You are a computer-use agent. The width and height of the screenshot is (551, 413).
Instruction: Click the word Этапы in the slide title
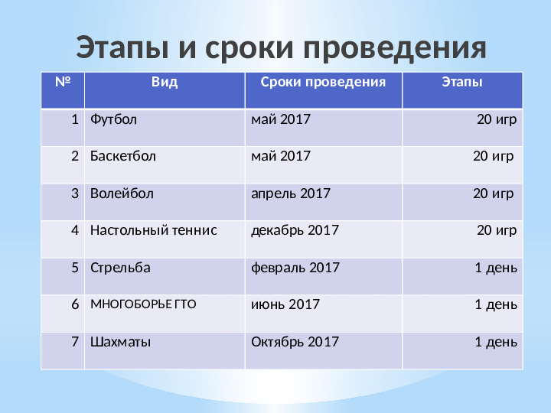click(x=122, y=47)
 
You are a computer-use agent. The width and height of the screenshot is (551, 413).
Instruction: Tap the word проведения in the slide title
click(x=399, y=48)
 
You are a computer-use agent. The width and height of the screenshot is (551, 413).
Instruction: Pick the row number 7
click(x=75, y=342)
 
